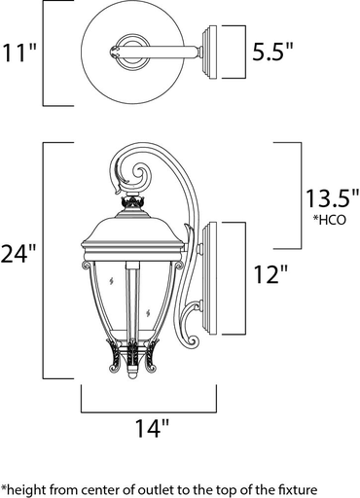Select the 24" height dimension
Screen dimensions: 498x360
coord(18,255)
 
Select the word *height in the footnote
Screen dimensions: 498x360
coord(26,486)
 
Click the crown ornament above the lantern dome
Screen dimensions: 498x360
coord(131,206)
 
